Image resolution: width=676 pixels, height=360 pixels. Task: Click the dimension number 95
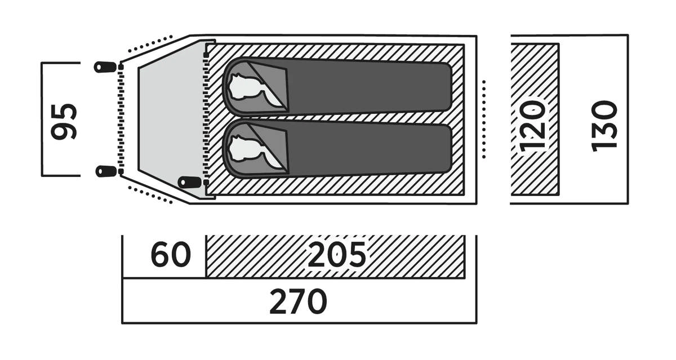click(x=63, y=121)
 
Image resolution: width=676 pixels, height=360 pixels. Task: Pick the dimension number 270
click(x=298, y=303)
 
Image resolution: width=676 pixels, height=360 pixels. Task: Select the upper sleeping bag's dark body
click(x=366, y=87)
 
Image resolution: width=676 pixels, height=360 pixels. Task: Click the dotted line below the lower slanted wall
click(x=150, y=193)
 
